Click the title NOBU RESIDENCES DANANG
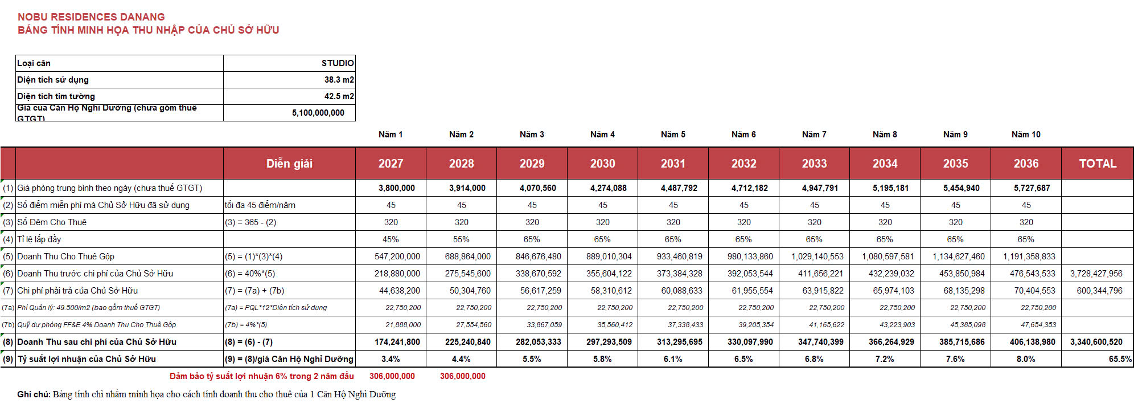pyautogui.click(x=91, y=17)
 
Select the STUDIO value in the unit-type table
pyautogui.click(x=338, y=63)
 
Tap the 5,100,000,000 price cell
pyautogui.click(x=318, y=113)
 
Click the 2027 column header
pyautogui.click(x=391, y=164)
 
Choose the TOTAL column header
pyautogui.click(x=1098, y=164)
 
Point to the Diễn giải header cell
pyautogui.click(x=289, y=164)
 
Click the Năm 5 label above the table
pyautogui.click(x=673, y=135)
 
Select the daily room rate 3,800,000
pyautogui.click(x=397, y=188)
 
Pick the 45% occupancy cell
pyautogui.click(x=391, y=239)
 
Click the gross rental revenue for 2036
pyautogui.click(x=1029, y=257)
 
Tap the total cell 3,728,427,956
pyautogui.click(x=1096, y=274)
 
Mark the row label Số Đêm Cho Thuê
pyautogui.click(x=52, y=222)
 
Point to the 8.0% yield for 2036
pyautogui.click(x=1026, y=359)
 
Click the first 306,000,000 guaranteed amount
pyautogui.click(x=392, y=376)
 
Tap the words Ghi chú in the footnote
pyautogui.click(x=34, y=394)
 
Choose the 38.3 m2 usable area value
pyautogui.click(x=339, y=80)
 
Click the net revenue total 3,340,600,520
pyautogui.click(x=1096, y=342)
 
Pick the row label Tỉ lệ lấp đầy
pyautogui.click(x=39, y=239)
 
